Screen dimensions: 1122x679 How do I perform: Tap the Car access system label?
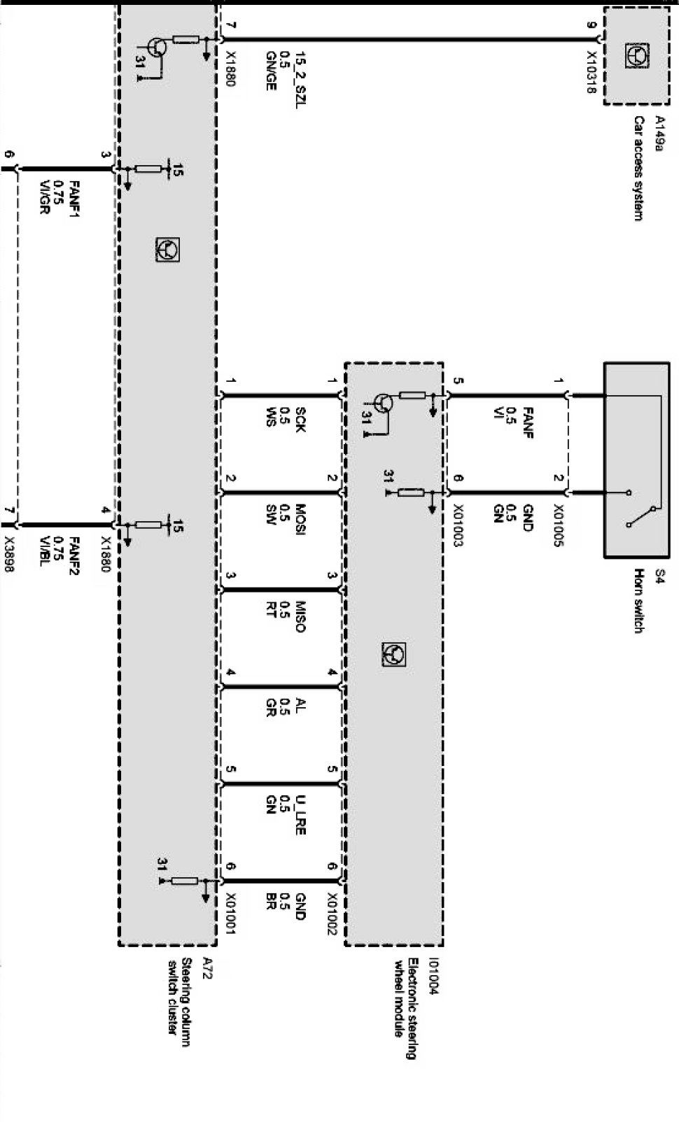pyautogui.click(x=638, y=169)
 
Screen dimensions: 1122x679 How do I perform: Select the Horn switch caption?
pyautogui.click(x=638, y=602)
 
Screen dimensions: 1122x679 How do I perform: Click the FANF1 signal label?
pyautogui.click(x=74, y=199)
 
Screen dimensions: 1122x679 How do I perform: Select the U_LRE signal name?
pyautogui.click(x=300, y=815)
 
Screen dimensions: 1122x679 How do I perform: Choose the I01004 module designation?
pyautogui.click(x=435, y=976)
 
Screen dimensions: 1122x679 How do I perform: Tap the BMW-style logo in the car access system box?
pyautogui.click(x=636, y=55)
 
